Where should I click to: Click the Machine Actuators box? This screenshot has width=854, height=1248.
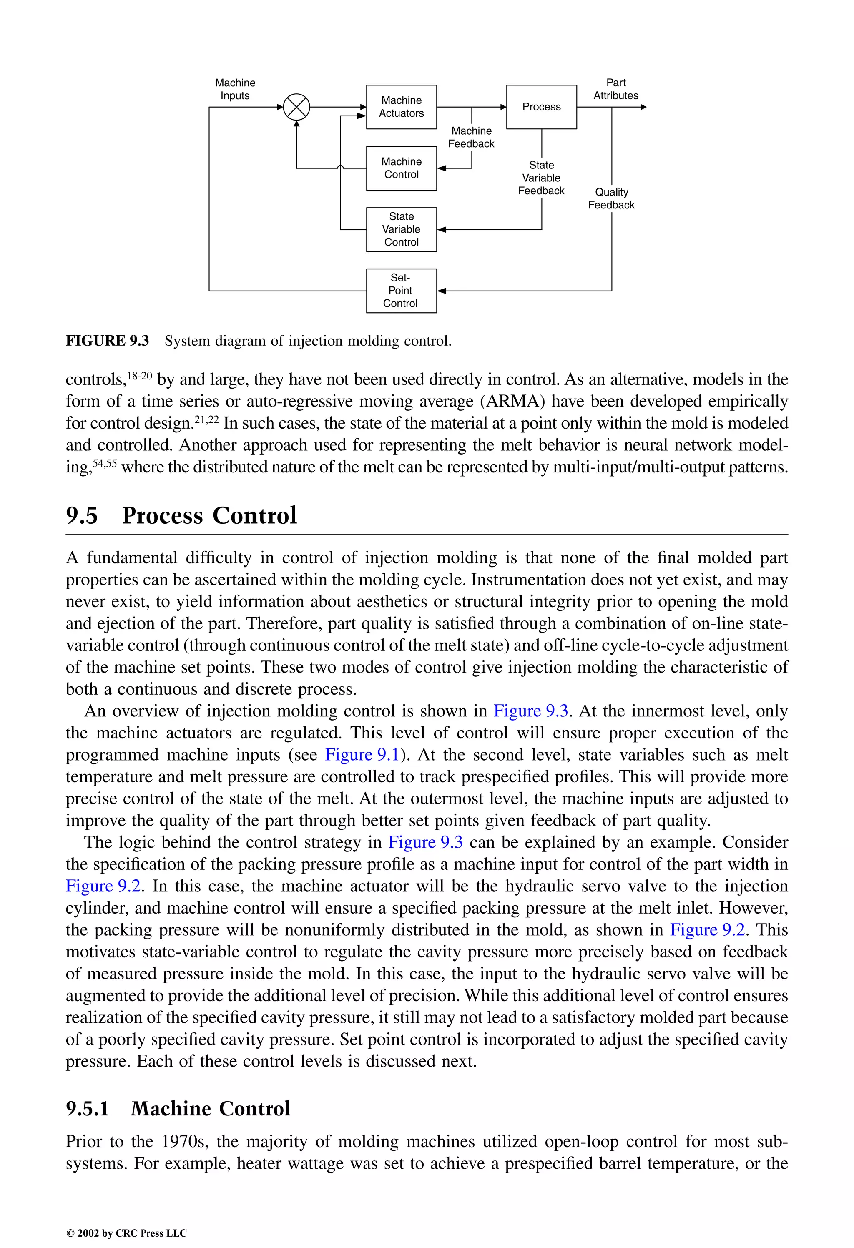coord(401,107)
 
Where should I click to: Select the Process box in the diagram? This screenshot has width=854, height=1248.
coord(541,107)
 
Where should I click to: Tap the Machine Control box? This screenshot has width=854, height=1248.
coord(401,168)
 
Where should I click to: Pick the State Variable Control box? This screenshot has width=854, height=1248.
coord(401,229)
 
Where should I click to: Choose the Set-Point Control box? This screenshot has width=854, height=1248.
coord(401,291)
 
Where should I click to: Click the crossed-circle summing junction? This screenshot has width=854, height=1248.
coord(296,107)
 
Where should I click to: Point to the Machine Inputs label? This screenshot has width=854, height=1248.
coord(235,89)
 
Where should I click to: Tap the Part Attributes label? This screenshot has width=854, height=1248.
coord(615,89)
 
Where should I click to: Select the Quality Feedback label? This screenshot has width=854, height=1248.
coord(611,199)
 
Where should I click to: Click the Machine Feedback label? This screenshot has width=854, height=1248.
coord(471,138)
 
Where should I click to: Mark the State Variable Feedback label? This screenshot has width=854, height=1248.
coord(541,178)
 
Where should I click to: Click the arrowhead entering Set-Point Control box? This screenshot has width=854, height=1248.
coord(442,291)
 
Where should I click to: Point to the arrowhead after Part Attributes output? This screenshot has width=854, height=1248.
coord(643,107)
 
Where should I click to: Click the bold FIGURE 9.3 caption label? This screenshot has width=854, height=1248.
coord(108,341)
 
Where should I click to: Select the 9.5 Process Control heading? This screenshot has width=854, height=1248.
coord(181,515)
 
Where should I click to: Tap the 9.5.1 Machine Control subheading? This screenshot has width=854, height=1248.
coord(178,1108)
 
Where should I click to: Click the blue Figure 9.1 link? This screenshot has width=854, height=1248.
coord(362,754)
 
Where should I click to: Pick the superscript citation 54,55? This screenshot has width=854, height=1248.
coord(105,462)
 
